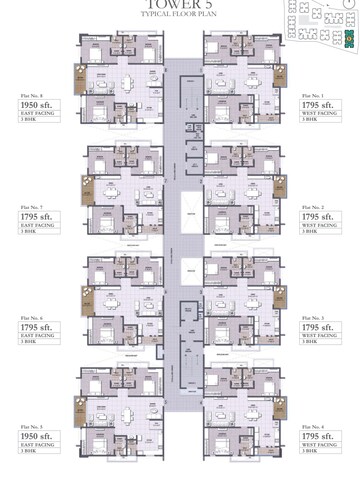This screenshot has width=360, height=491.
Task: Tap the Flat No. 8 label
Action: [x=33, y=93]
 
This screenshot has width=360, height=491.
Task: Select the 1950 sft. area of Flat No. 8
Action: [x=36, y=103]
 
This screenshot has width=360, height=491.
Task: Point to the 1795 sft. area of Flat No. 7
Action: [x=36, y=215]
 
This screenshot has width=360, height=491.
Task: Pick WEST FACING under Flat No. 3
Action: [x=319, y=338]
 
